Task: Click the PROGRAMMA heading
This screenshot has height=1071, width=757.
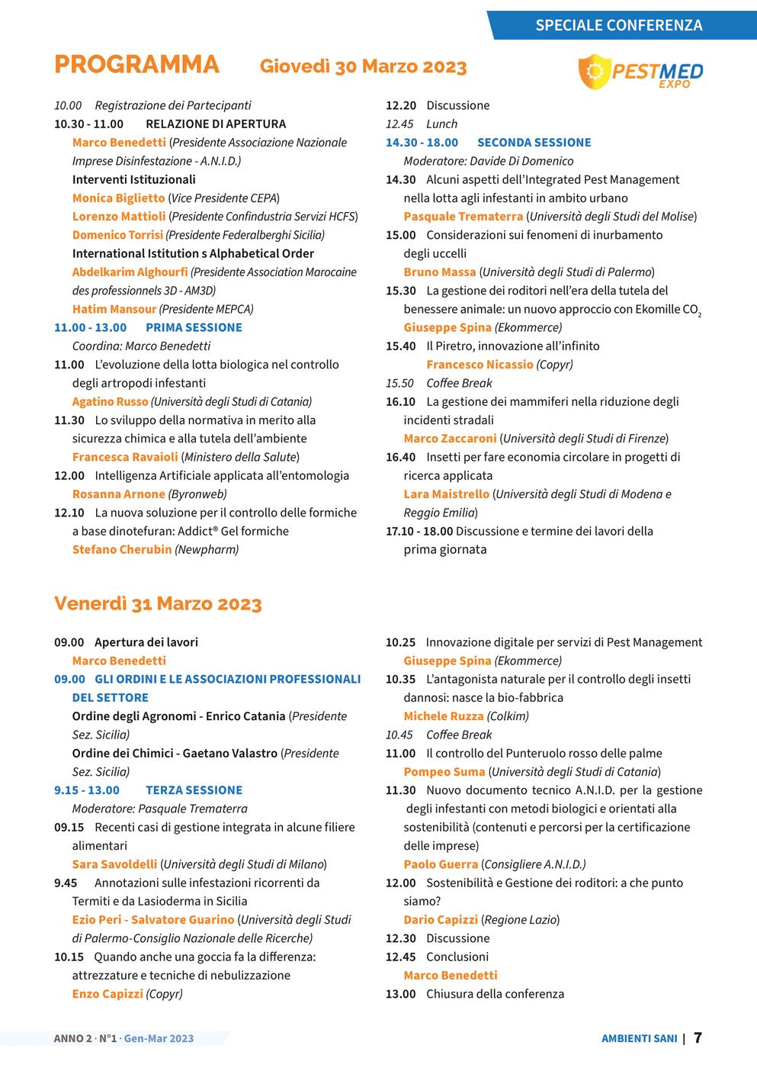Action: [136, 66]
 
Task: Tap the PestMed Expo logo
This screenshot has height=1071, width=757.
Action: [641, 72]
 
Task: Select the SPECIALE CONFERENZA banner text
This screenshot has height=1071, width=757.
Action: [618, 25]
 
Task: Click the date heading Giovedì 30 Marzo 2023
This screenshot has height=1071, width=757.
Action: [363, 67]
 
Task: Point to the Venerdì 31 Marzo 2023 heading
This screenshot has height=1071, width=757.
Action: [158, 604]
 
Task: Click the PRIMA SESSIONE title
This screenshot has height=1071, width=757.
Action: [194, 327]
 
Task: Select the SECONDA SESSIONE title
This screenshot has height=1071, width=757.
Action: [534, 143]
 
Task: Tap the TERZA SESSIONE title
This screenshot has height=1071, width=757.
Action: [194, 790]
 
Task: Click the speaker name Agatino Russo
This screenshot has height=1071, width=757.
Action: [110, 401]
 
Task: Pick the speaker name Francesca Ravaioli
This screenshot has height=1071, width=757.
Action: [125, 457]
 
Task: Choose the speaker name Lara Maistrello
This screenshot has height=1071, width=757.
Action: [447, 494]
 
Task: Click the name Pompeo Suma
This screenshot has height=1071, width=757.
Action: [444, 772]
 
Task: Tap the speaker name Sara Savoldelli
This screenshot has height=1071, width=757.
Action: [114, 864]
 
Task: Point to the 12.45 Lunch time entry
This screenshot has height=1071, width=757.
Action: [422, 124]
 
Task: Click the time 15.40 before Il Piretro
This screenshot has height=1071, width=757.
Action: [400, 346]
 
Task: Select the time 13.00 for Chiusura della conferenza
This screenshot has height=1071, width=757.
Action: [400, 994]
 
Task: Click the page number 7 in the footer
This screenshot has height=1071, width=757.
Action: [698, 1037]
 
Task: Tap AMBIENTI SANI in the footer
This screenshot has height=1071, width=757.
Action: [639, 1038]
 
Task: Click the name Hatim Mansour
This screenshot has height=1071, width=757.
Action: [114, 309]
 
